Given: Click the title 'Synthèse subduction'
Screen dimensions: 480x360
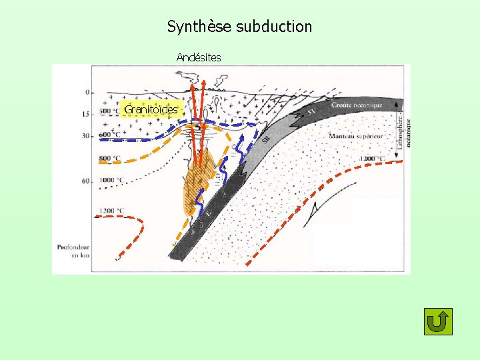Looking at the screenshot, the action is pyautogui.click(x=239, y=27).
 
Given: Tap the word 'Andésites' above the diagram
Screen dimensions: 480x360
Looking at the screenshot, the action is pyautogui.click(x=199, y=57).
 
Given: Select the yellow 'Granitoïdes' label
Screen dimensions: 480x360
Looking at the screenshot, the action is pyautogui.click(x=151, y=109).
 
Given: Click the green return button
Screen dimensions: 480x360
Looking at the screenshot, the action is pyautogui.click(x=438, y=321).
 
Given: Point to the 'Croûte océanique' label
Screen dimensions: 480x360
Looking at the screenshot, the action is pyautogui.click(x=357, y=105).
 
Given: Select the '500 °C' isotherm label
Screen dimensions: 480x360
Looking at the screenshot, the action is pyautogui.click(x=109, y=111).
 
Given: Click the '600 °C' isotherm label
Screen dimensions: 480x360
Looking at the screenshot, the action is pyautogui.click(x=109, y=135).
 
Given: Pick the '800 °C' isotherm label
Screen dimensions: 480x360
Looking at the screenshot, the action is pyautogui.click(x=109, y=158).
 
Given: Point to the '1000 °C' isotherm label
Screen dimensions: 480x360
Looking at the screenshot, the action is pyautogui.click(x=111, y=181).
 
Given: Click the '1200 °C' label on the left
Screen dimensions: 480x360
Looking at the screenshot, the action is pyautogui.click(x=111, y=211).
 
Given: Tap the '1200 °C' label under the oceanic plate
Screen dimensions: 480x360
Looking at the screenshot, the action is pyautogui.click(x=371, y=159).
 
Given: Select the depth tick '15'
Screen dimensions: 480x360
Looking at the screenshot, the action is pyautogui.click(x=85, y=114).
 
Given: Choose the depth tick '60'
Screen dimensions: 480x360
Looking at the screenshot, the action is pyautogui.click(x=85, y=181).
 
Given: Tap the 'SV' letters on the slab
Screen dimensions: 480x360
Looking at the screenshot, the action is pyautogui.click(x=311, y=111).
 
